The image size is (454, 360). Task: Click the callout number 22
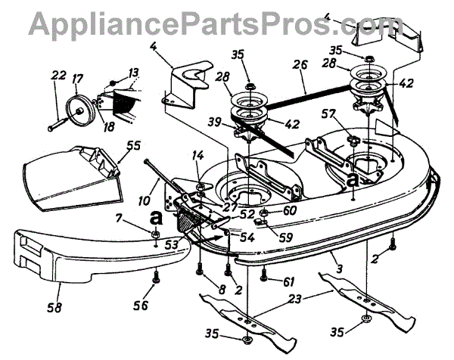click(x=58, y=75)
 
